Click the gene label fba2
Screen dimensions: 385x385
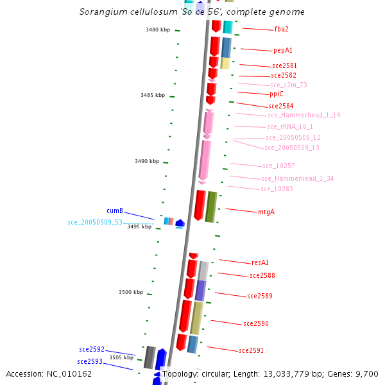click(x=281, y=30)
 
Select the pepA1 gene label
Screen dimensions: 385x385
click(x=283, y=50)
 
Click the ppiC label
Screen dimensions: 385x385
click(x=277, y=94)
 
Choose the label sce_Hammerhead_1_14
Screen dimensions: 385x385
click(x=304, y=116)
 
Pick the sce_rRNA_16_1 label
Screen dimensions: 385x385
click(x=290, y=127)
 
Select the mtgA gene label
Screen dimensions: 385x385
click(x=266, y=212)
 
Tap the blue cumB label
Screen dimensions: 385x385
click(x=115, y=210)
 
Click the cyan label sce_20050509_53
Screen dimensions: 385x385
click(x=95, y=222)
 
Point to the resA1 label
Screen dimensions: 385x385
click(x=260, y=262)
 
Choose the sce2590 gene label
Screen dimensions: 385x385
click(x=256, y=324)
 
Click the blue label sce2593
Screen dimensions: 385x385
click(x=90, y=361)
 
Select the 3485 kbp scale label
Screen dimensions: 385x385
click(x=153, y=95)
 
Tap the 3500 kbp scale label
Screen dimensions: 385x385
click(x=131, y=292)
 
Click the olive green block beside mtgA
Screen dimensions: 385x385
click(x=210, y=207)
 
